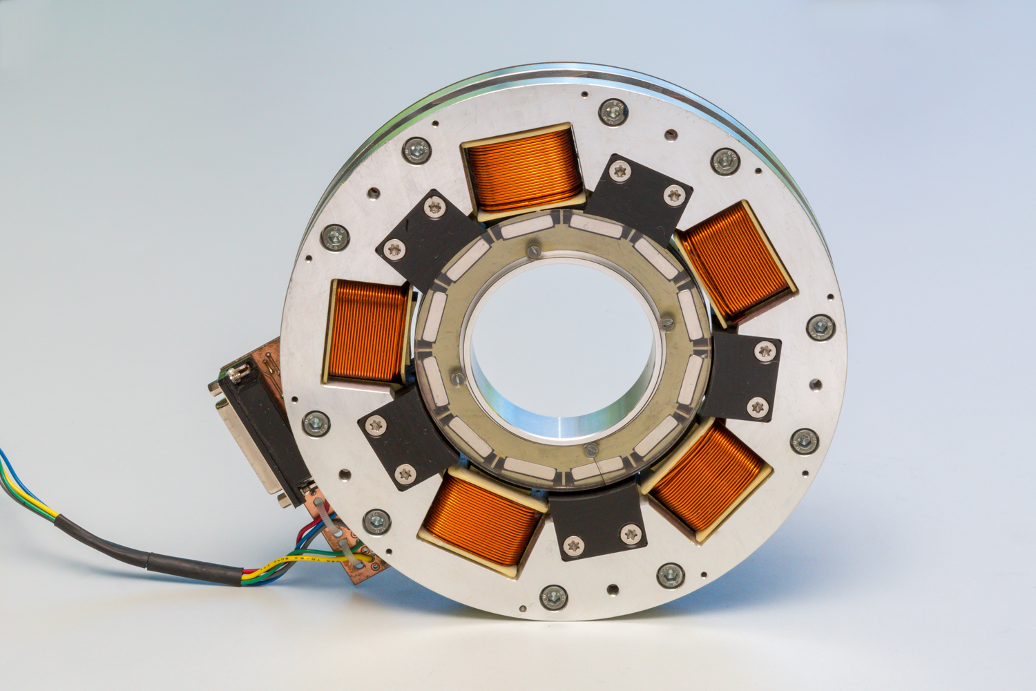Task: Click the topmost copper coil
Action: [x=523, y=169]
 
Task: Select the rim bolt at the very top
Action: [x=612, y=111]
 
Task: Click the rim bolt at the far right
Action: [x=820, y=327]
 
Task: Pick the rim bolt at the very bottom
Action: [x=553, y=597]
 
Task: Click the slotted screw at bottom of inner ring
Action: [x=590, y=451]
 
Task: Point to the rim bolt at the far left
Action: [x=334, y=237]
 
